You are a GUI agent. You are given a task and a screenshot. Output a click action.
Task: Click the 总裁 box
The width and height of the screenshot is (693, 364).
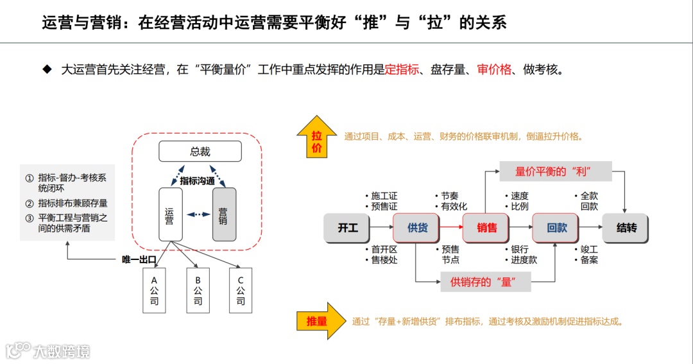(x=200, y=152)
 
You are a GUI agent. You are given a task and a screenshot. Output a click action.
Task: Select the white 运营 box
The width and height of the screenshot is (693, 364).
(x=169, y=214)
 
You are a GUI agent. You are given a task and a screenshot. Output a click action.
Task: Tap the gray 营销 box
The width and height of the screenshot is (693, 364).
(x=223, y=214)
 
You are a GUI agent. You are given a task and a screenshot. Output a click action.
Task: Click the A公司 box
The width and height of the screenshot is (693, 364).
(x=154, y=290)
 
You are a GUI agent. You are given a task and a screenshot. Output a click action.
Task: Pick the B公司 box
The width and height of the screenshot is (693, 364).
(x=198, y=290)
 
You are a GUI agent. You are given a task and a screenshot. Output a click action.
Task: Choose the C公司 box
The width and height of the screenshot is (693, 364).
(x=241, y=290)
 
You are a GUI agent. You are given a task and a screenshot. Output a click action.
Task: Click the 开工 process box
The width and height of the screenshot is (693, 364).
(x=348, y=227)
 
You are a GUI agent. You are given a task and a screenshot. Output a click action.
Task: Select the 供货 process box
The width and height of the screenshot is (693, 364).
(x=417, y=227)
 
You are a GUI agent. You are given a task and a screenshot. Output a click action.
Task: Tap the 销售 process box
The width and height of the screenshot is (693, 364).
(x=487, y=227)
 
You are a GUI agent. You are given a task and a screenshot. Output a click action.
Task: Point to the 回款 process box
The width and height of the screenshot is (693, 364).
(x=556, y=227)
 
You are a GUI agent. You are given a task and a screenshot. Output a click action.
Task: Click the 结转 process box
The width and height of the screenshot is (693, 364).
(x=626, y=227)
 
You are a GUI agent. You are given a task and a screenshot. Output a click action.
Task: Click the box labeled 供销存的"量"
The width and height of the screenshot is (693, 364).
(x=485, y=281)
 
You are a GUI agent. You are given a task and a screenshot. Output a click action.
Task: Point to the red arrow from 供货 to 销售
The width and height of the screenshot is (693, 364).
(x=452, y=227)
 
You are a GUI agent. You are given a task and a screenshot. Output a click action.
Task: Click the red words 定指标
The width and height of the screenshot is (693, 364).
(x=402, y=69)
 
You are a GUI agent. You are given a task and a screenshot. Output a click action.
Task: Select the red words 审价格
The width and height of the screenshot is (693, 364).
(x=494, y=69)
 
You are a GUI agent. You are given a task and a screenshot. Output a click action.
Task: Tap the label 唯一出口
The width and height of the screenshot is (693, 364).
(x=139, y=259)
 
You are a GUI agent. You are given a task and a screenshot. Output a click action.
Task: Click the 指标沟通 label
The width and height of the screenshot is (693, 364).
(x=197, y=181)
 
